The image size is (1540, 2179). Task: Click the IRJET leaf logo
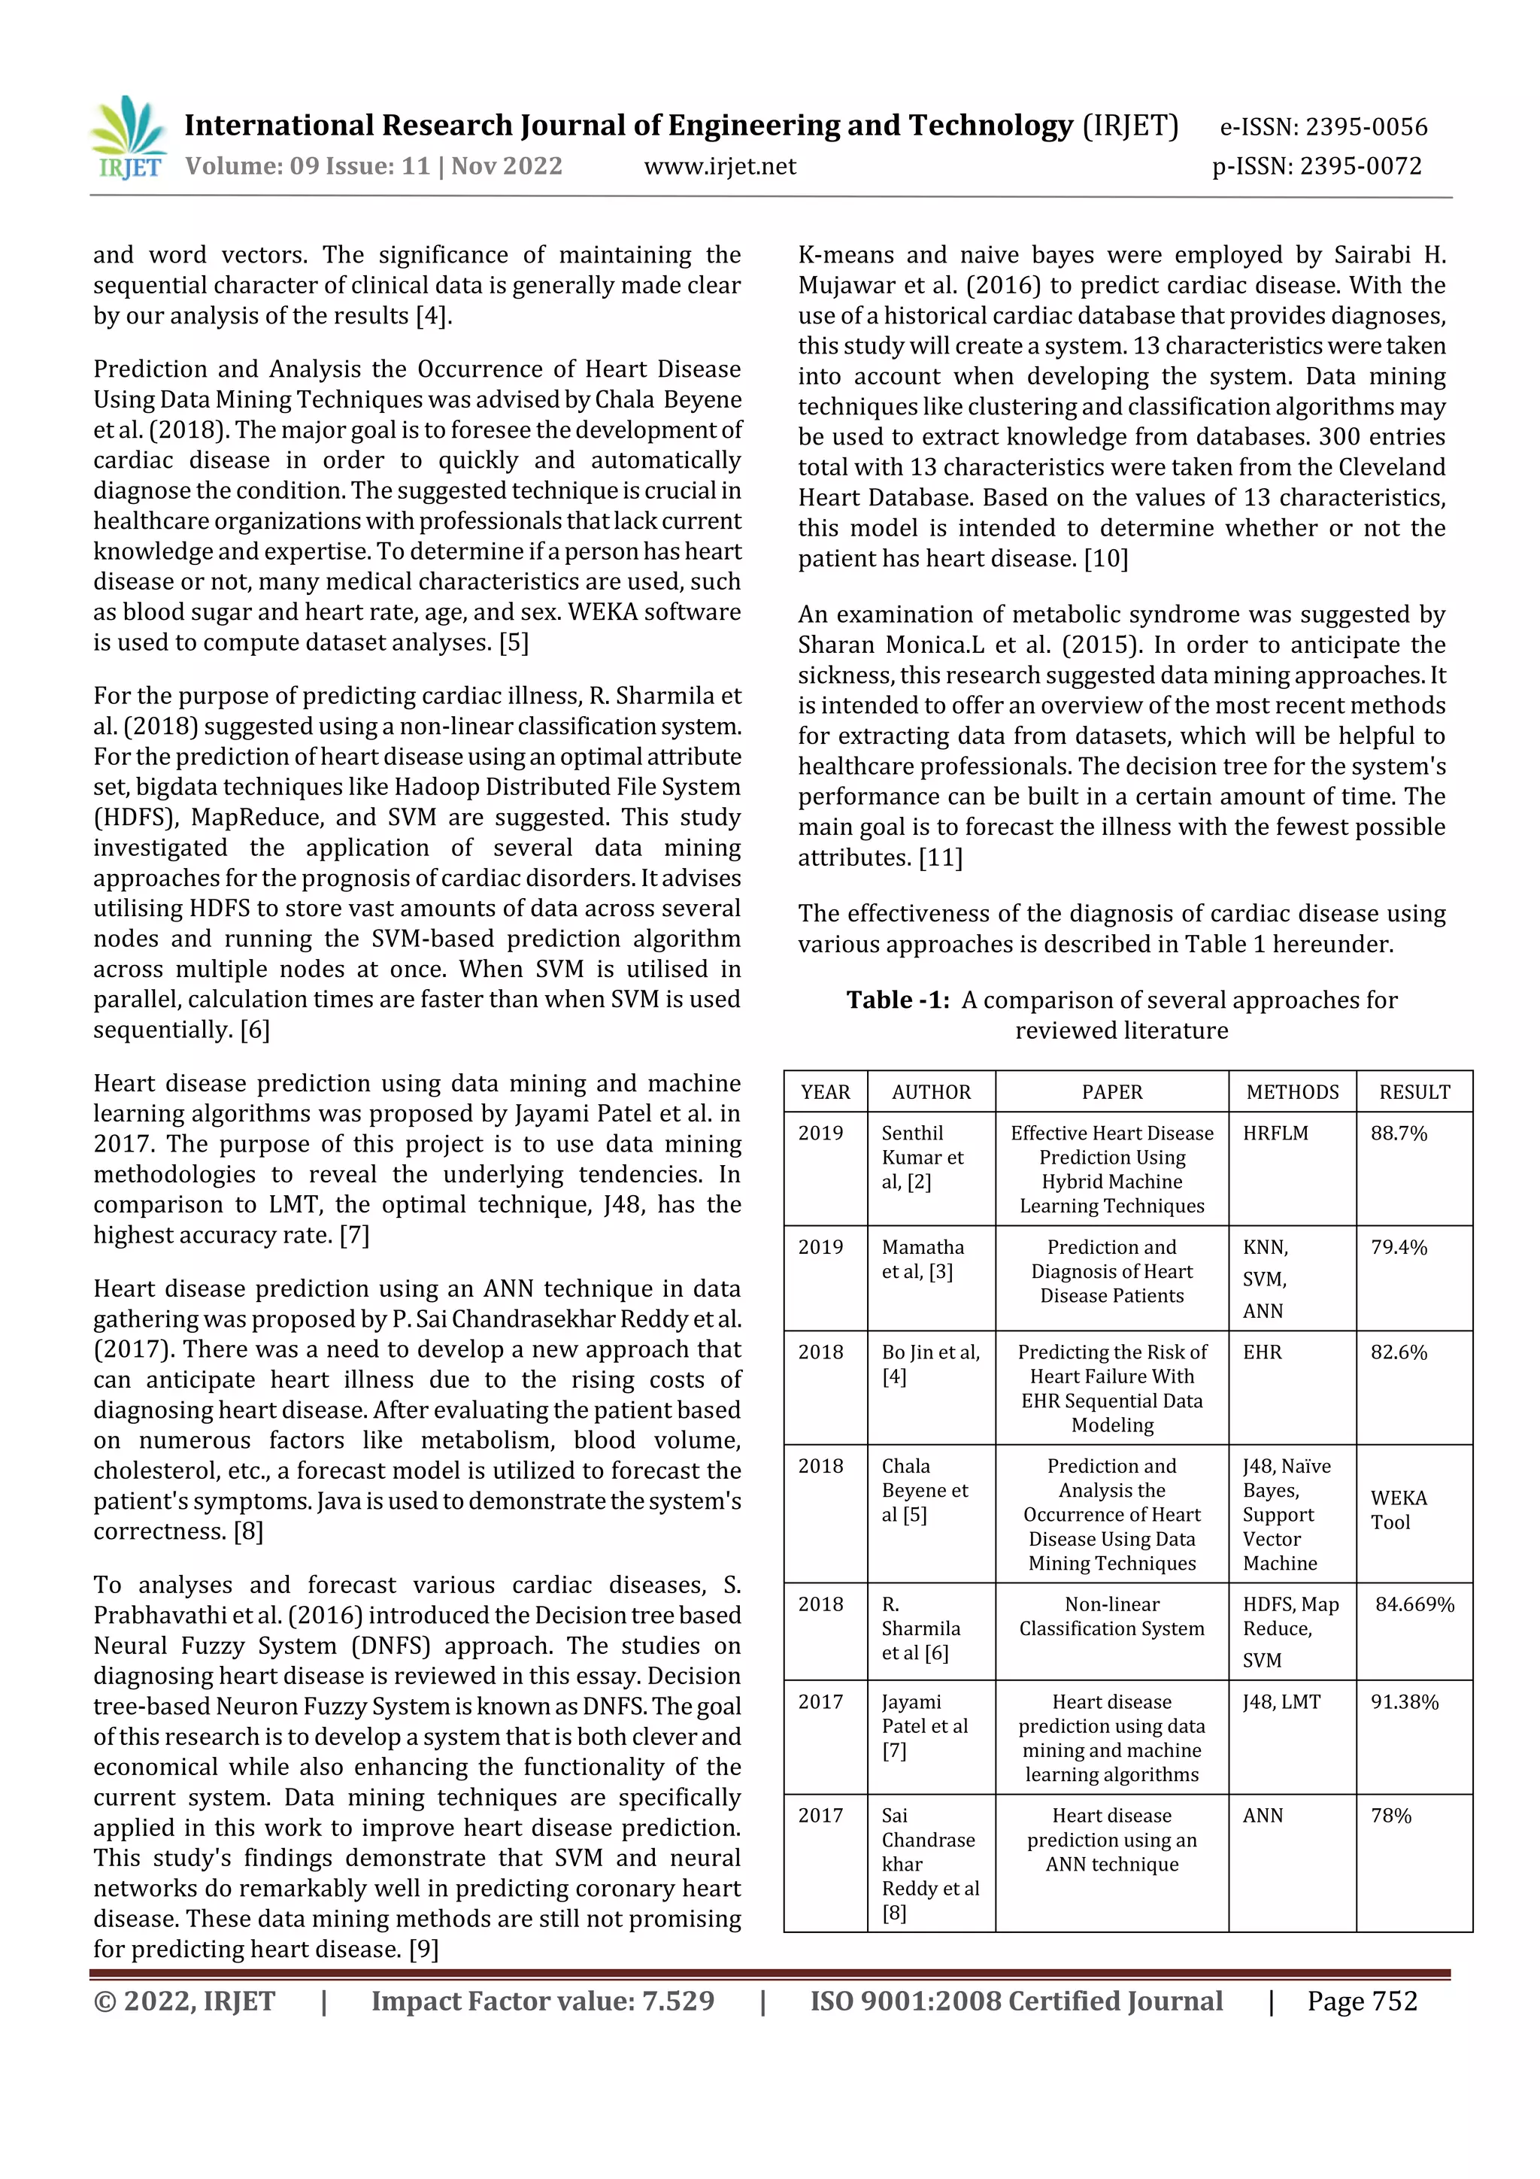point(130,138)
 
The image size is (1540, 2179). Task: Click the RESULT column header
point(1414,1092)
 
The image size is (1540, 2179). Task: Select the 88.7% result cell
point(1399,1134)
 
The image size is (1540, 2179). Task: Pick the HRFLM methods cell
point(1275,1134)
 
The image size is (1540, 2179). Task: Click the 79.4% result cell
point(1399,1247)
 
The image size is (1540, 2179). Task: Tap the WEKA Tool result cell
point(1399,1509)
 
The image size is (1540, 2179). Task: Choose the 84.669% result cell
point(1414,1604)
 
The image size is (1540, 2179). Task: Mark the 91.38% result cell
point(1405,1701)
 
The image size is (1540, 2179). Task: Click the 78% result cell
point(1391,1816)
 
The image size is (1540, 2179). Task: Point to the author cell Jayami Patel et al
point(924,1725)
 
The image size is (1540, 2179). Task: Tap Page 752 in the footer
point(1362,2001)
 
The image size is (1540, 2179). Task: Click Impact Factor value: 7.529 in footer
point(543,2001)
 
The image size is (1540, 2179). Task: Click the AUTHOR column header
point(931,1092)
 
